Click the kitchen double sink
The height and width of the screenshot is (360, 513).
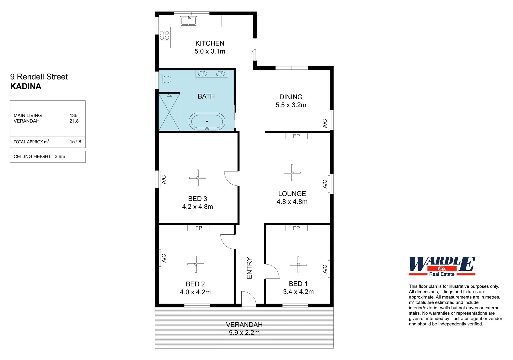[189, 21]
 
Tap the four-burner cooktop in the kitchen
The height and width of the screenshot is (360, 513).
[164, 35]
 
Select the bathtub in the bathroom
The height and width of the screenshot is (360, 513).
[207, 122]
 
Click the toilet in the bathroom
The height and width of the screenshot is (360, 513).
[165, 79]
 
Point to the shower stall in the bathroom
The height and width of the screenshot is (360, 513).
[169, 112]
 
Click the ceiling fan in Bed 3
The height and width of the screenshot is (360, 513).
[198, 178]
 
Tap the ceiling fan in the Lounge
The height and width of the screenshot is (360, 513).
[292, 172]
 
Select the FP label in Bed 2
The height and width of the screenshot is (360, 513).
[199, 228]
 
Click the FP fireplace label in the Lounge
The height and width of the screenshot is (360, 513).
[296, 136]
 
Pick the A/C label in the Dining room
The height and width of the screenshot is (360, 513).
[325, 124]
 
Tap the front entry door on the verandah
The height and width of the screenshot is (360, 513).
[248, 299]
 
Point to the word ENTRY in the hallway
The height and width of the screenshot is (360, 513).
[249, 268]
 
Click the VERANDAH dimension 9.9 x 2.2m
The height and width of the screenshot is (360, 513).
[244, 333]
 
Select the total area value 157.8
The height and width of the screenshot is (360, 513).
[75, 142]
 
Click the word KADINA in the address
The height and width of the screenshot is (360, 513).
[26, 86]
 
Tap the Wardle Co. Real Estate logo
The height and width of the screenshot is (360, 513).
[442, 266]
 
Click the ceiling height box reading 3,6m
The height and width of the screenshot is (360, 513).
[48, 157]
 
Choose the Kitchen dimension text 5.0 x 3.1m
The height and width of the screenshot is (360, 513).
[210, 51]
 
